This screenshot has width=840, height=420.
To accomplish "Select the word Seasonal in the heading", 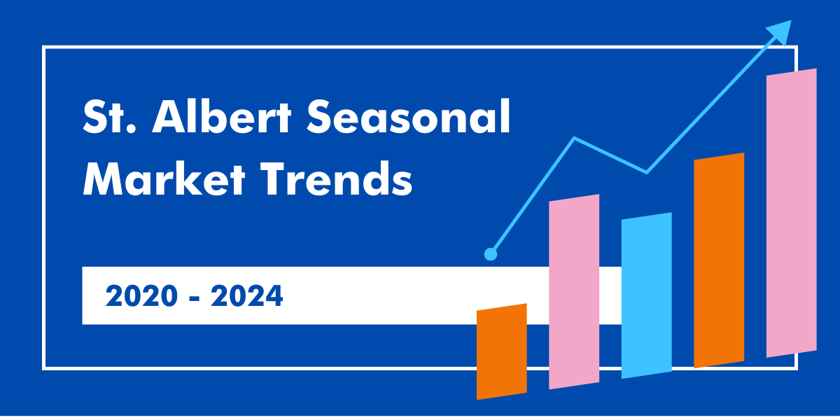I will (x=409, y=117).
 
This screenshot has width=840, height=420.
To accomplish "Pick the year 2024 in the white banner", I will (x=246, y=296).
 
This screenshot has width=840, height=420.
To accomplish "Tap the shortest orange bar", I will (x=501, y=351).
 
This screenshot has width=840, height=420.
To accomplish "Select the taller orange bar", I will (x=719, y=260).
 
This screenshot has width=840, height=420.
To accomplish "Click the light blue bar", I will (x=646, y=295).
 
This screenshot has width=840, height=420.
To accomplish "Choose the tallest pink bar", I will (x=791, y=213).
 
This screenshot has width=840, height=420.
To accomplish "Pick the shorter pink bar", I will (x=574, y=291).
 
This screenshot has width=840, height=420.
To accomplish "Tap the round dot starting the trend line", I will (x=491, y=254).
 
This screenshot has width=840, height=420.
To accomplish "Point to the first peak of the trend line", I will (x=575, y=138).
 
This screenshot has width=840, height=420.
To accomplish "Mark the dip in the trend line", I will (x=645, y=171).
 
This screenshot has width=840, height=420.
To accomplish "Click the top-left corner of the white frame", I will (x=44, y=48).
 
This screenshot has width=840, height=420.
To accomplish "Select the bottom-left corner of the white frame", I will (x=44, y=367).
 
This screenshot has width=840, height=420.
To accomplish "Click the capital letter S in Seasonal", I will (x=321, y=117).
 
